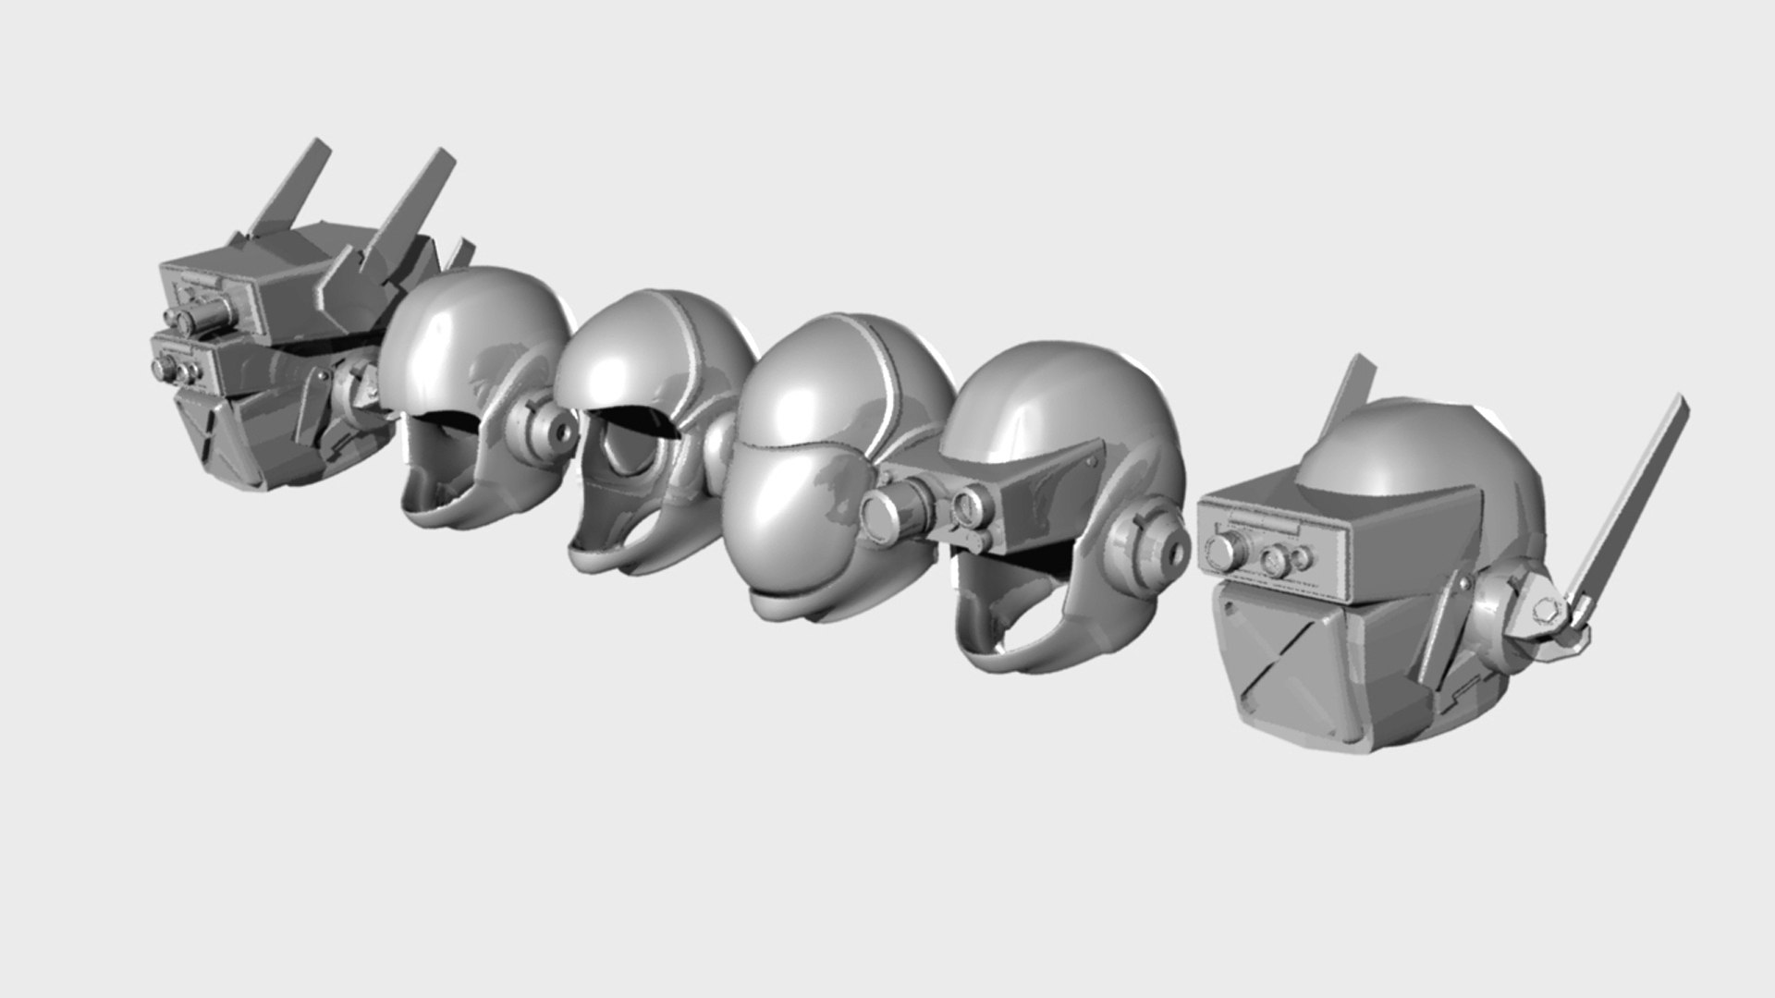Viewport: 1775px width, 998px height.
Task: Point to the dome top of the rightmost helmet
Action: (x=1387, y=453)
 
